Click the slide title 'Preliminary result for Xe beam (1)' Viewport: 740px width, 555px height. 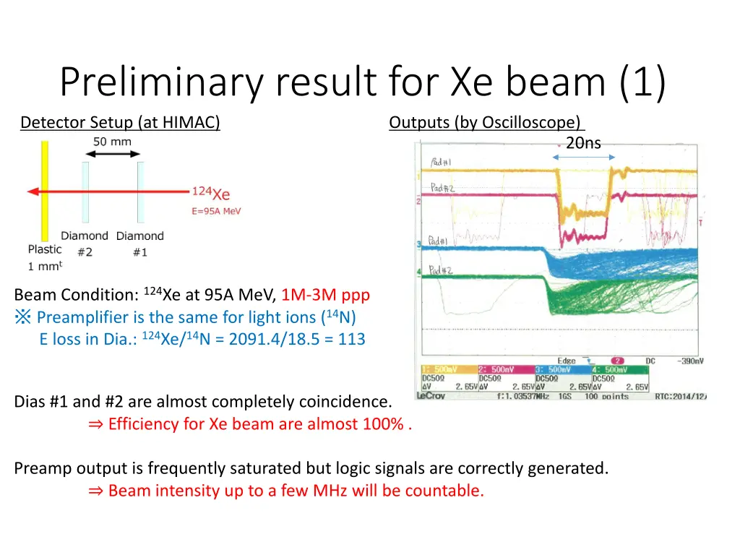(x=363, y=82)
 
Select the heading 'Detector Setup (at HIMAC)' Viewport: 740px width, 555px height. (x=120, y=123)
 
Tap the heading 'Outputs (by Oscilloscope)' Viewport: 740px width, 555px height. (x=486, y=123)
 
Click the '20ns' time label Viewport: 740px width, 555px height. (x=583, y=143)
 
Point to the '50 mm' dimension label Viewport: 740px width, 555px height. (x=112, y=142)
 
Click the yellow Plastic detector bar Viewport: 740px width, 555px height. (x=45, y=191)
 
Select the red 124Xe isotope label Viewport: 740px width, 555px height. (x=210, y=193)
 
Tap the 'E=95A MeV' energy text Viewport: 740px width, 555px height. (x=216, y=211)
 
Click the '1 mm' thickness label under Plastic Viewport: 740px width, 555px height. (x=45, y=266)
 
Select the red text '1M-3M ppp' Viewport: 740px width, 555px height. (x=325, y=295)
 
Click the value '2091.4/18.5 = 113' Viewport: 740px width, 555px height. (x=297, y=339)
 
